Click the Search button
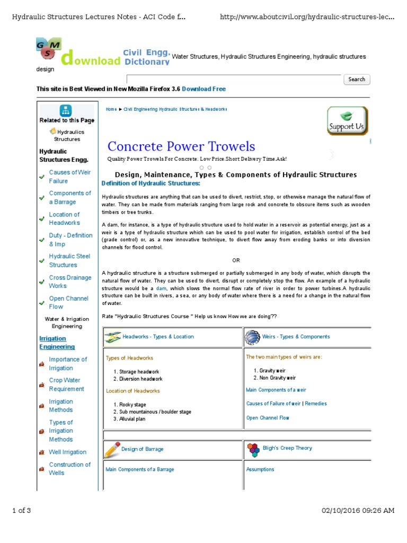(x=357, y=80)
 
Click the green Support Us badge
(x=347, y=121)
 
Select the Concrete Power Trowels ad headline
(x=181, y=146)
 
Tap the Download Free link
(x=203, y=89)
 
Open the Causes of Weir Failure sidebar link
(x=70, y=177)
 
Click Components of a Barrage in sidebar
(x=70, y=198)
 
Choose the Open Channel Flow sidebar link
(x=68, y=302)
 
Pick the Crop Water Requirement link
(x=66, y=384)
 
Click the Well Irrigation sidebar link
(x=67, y=452)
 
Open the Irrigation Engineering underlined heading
(x=57, y=343)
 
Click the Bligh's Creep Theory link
(x=287, y=448)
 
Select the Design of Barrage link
(x=142, y=449)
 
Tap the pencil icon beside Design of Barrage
(x=112, y=450)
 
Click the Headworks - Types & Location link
(x=158, y=337)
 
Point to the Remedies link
(x=316, y=404)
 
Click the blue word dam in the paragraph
(x=161, y=288)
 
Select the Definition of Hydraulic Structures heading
(x=151, y=183)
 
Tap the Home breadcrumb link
(x=111, y=109)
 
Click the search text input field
(x=233, y=80)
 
